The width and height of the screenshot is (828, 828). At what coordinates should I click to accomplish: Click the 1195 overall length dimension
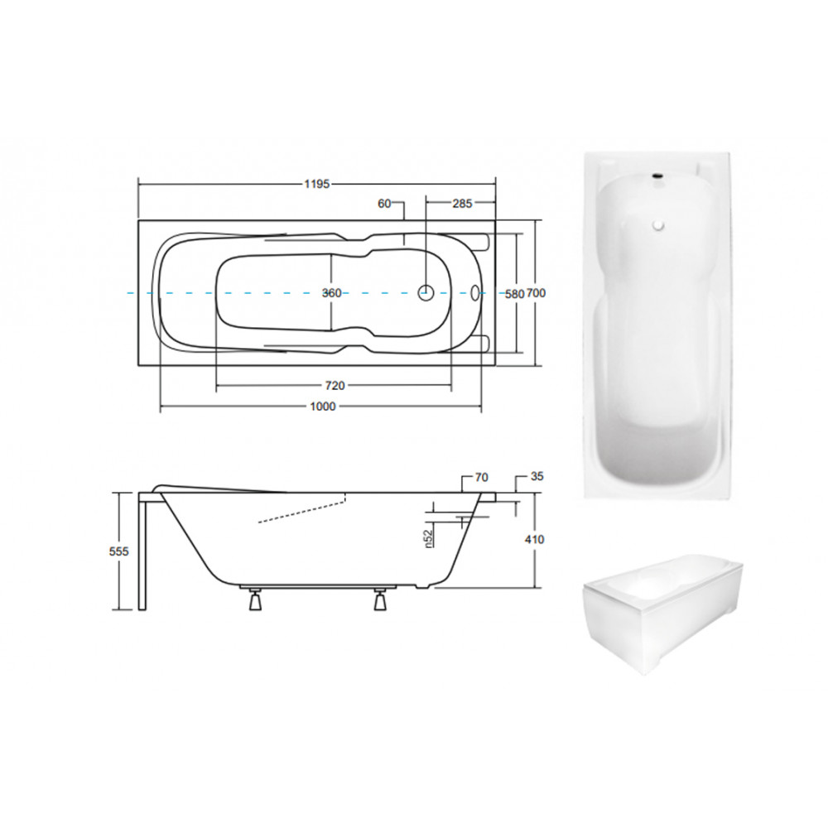click(x=317, y=184)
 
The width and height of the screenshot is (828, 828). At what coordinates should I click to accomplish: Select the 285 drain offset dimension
click(x=462, y=204)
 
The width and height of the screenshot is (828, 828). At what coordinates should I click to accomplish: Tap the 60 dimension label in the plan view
click(x=384, y=204)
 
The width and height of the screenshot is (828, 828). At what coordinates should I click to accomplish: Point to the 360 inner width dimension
click(x=332, y=293)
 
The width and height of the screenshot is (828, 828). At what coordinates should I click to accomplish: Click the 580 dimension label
click(x=514, y=294)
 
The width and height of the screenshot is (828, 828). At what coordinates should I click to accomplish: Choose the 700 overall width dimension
click(x=536, y=293)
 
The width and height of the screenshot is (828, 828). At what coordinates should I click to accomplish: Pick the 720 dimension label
click(x=335, y=386)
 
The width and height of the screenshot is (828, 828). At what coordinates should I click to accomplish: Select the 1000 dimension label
click(x=323, y=406)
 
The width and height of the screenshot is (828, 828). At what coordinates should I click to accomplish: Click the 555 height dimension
click(x=118, y=551)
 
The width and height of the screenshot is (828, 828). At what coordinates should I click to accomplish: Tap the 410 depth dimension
click(x=535, y=540)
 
